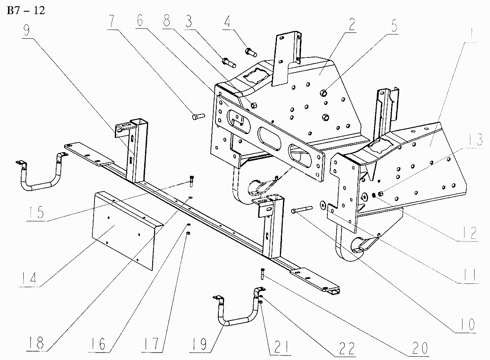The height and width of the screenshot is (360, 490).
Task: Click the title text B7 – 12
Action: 25,10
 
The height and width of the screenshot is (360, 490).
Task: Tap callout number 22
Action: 346,346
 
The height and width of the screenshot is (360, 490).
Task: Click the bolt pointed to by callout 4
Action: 251,52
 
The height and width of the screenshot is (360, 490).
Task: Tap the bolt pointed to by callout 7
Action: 197,116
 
